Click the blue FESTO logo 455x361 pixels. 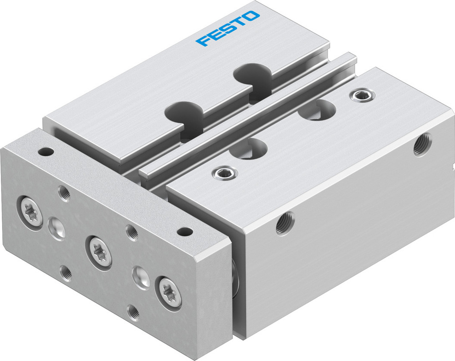228,29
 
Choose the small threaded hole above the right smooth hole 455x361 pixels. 132,232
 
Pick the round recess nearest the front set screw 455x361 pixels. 250,147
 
